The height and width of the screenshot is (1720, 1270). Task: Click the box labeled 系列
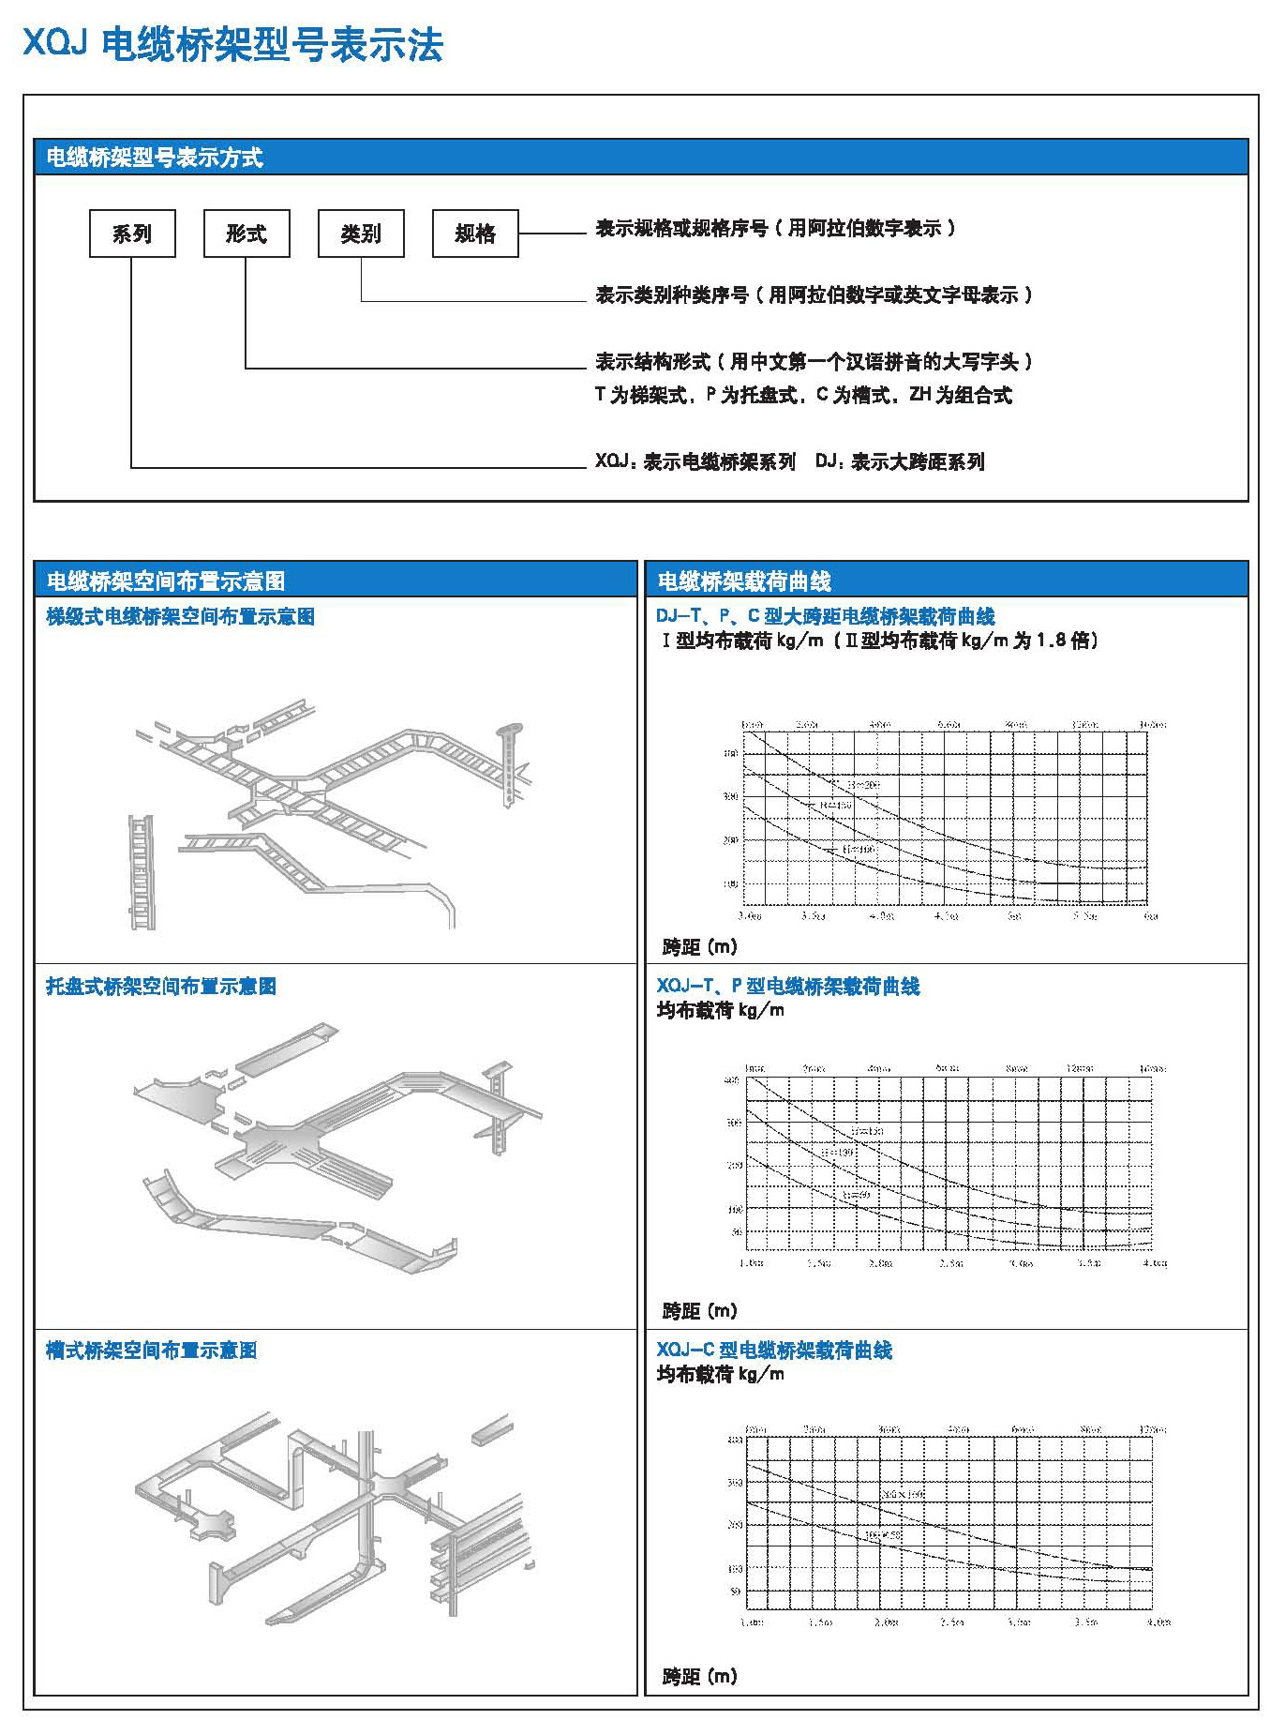pos(132,234)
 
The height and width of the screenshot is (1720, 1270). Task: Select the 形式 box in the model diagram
pos(247,234)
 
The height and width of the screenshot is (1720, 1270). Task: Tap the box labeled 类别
pos(361,234)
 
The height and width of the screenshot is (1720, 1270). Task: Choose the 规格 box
pos(475,234)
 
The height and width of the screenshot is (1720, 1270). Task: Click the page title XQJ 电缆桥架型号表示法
pos(232,45)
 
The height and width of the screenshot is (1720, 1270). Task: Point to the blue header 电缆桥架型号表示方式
pos(155,158)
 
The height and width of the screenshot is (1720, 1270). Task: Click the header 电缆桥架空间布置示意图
pos(166,581)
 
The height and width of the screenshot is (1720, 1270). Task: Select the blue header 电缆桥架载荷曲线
pos(744,581)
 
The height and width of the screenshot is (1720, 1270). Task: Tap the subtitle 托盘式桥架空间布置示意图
pos(161,987)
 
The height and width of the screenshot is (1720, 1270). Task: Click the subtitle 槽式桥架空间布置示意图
pos(152,1350)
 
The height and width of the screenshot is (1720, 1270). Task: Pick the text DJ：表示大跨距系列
pos(900,461)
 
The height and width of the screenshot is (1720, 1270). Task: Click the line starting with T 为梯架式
pos(803,395)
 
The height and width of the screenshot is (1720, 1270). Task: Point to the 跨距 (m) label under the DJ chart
pos(699,947)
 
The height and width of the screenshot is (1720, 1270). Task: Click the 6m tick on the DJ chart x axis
pos(1151,916)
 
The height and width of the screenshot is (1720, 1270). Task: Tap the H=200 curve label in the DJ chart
pos(863,784)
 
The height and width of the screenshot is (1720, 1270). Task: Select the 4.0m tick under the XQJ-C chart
pos(1158,1622)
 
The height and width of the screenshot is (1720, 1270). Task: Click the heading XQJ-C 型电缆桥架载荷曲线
pos(774,1350)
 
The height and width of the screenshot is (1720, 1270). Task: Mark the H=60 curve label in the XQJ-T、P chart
pos(856,1195)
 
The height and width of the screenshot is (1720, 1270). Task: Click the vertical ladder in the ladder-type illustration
pos(142,872)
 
